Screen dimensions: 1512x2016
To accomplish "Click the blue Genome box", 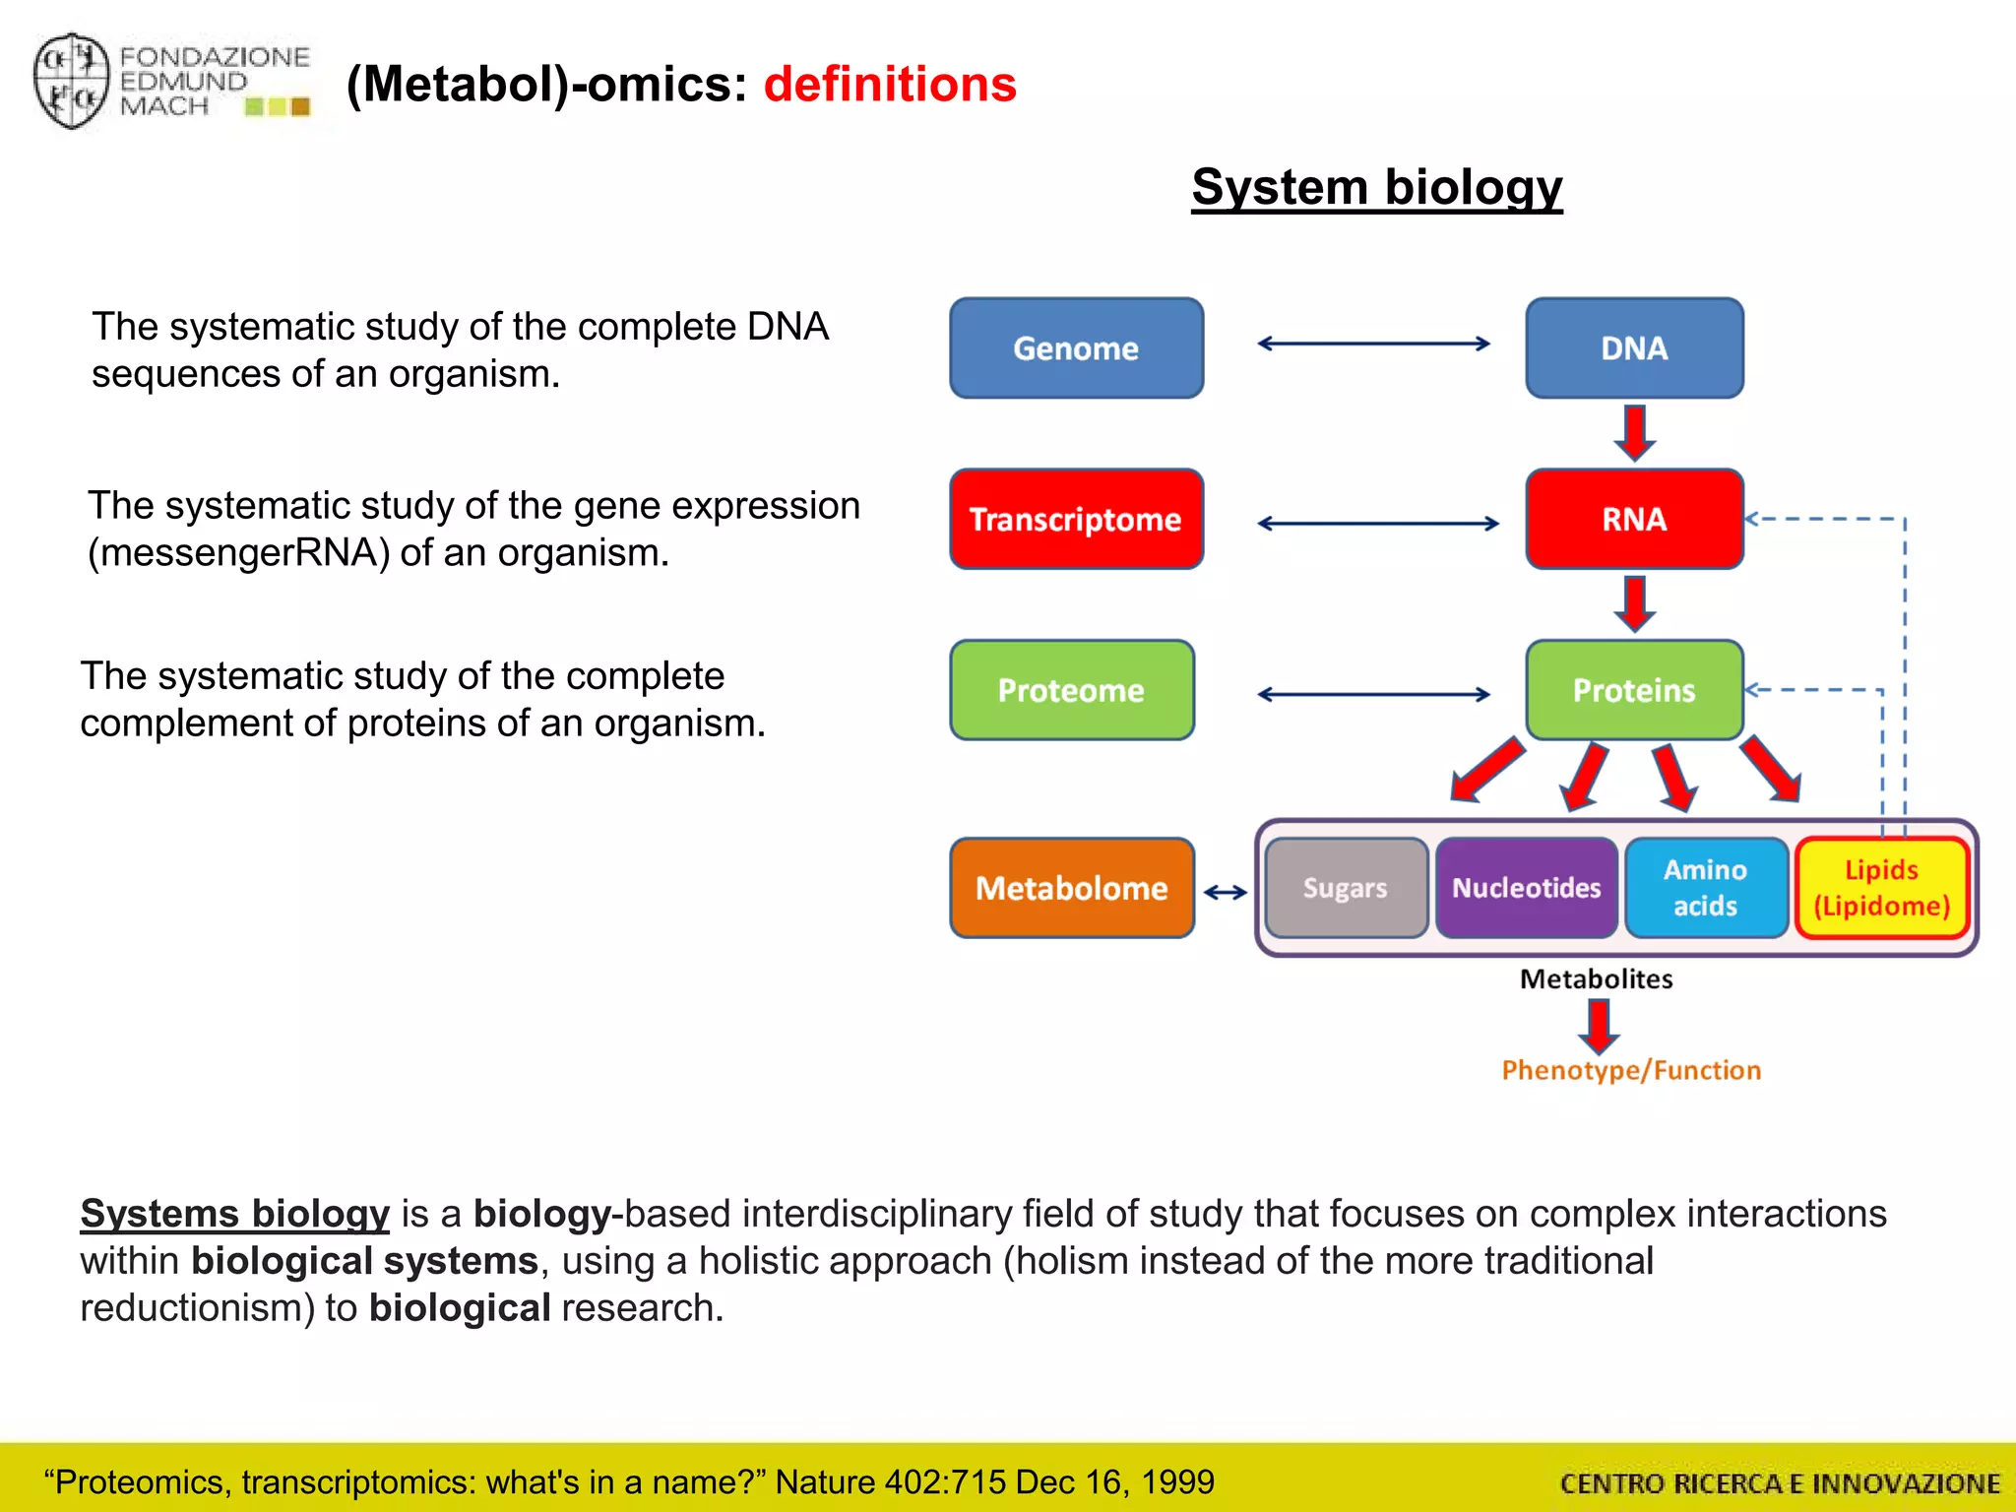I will [x=1076, y=348].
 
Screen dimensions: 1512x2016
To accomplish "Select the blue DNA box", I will [x=1634, y=348].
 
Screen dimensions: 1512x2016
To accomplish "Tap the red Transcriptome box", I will [x=1076, y=519].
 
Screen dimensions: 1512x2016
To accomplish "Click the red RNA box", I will [x=1634, y=519].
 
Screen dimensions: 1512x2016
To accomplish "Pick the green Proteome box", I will [x=1072, y=690].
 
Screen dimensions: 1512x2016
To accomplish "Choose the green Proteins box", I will [x=1634, y=690].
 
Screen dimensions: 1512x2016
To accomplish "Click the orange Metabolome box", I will [x=1072, y=888].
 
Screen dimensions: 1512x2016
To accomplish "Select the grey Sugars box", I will [x=1346, y=888].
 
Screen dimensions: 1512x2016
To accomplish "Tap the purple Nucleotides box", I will [x=1527, y=888].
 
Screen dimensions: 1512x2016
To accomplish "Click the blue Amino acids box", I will [x=1706, y=888].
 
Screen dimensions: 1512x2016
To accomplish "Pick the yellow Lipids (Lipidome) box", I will [x=1881, y=888].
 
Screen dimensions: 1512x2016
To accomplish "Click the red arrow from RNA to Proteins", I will [x=1634, y=603].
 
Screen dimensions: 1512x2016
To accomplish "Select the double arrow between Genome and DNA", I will [x=1374, y=344].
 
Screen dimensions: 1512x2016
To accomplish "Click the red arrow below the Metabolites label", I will [x=1599, y=1026].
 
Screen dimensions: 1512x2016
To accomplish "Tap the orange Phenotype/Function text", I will [x=1631, y=1070].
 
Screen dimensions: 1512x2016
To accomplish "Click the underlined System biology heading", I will [x=1376, y=187].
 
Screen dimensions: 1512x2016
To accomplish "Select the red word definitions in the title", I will [x=890, y=85].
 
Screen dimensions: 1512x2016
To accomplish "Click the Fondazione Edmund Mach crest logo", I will [x=71, y=81].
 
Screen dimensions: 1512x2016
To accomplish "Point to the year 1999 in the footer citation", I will [x=1178, y=1481].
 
